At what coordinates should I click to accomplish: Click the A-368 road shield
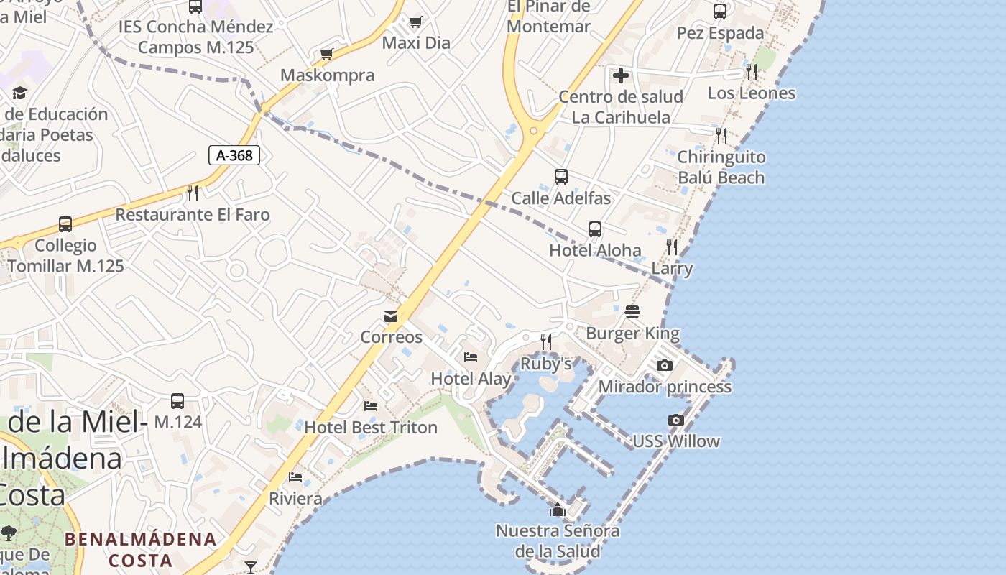coord(234,155)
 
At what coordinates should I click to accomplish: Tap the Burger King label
coord(632,333)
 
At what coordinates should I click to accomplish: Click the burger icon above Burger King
coord(632,312)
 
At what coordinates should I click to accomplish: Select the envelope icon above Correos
coord(391,316)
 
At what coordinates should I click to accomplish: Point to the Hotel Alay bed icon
coord(471,356)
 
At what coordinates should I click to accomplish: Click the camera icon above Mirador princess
coord(665,365)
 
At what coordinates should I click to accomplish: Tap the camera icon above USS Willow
coord(675,420)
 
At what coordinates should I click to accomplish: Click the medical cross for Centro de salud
coord(621,75)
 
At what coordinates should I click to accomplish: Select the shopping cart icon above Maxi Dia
coord(415,22)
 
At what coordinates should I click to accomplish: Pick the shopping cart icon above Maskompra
coord(327,54)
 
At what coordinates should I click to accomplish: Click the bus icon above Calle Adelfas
coord(561,177)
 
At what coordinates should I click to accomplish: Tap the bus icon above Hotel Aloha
coord(595,229)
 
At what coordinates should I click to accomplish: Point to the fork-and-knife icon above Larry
coord(672,247)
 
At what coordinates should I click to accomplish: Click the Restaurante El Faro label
coord(193,214)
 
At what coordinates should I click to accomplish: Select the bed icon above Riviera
coord(295,477)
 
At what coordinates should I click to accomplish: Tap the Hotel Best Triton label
coord(371,427)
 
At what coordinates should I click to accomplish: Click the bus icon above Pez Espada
coord(720,11)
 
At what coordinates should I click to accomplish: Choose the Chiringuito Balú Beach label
coord(721,167)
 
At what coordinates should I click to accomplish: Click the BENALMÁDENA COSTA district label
coord(141,549)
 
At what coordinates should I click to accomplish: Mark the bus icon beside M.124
coord(177,401)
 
